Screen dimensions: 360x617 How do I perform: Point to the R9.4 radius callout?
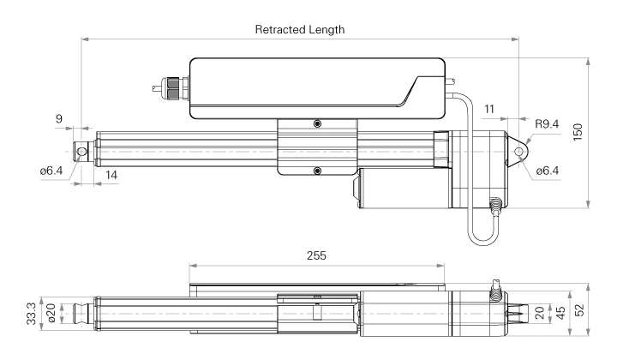tap(548, 124)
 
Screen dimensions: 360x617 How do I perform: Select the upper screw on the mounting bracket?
tap(317, 124)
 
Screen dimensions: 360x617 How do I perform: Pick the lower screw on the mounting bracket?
tap(317, 171)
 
